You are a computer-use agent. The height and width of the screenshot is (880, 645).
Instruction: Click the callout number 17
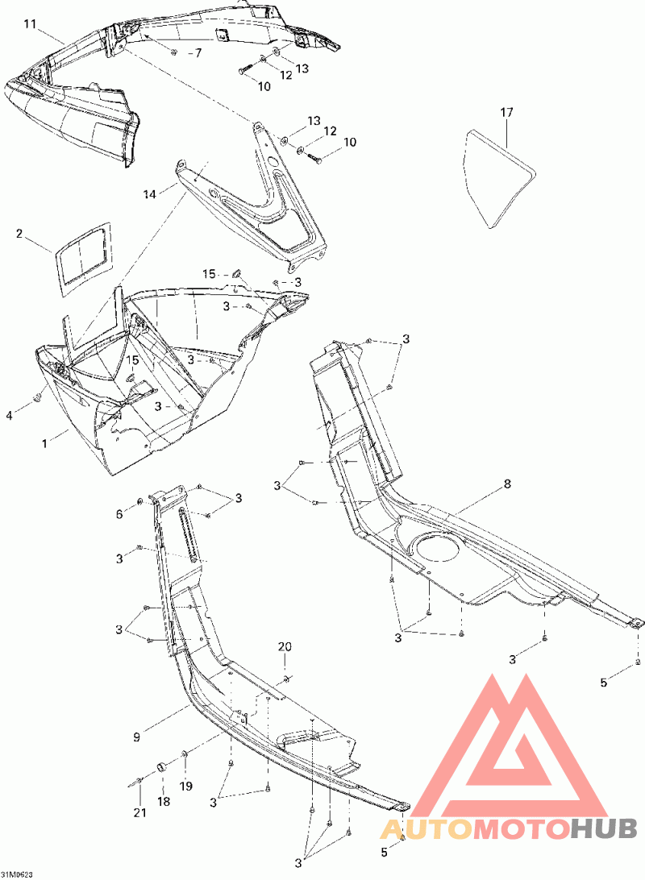click(x=506, y=113)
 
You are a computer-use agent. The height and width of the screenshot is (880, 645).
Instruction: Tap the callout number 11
click(x=30, y=24)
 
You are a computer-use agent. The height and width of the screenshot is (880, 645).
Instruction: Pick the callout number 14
click(x=148, y=193)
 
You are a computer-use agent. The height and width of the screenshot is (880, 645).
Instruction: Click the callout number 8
click(x=507, y=484)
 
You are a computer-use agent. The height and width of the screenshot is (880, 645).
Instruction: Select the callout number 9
click(x=138, y=736)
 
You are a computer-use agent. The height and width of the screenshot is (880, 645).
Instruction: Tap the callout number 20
click(x=285, y=647)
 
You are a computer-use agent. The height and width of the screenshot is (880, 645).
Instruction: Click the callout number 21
click(x=139, y=812)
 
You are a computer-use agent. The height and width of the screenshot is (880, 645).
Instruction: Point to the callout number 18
click(x=164, y=801)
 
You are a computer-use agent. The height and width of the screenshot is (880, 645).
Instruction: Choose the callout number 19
click(x=186, y=787)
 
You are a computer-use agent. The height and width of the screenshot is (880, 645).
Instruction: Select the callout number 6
click(x=120, y=514)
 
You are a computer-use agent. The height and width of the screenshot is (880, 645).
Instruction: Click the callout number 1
click(x=45, y=442)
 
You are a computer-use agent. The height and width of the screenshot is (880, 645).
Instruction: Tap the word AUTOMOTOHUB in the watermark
click(x=509, y=828)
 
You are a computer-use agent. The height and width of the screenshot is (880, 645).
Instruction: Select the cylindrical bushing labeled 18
click(x=162, y=766)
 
